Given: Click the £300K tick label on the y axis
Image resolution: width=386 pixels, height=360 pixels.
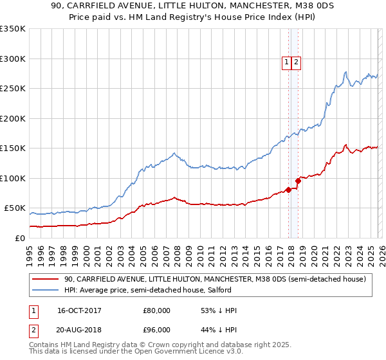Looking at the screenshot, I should tap(12, 59).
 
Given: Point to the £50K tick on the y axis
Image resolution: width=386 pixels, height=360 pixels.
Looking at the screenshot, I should tap(14, 208).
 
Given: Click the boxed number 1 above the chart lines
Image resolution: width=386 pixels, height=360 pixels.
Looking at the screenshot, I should tap(286, 62).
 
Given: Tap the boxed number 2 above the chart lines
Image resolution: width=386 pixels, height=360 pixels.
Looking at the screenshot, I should tap(297, 62).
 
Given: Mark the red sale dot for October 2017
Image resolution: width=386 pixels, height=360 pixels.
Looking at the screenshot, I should tap(288, 190).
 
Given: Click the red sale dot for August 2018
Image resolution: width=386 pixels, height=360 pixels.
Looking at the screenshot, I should tap(298, 180).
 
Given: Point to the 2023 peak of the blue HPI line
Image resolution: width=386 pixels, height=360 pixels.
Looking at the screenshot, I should tap(346, 71).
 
